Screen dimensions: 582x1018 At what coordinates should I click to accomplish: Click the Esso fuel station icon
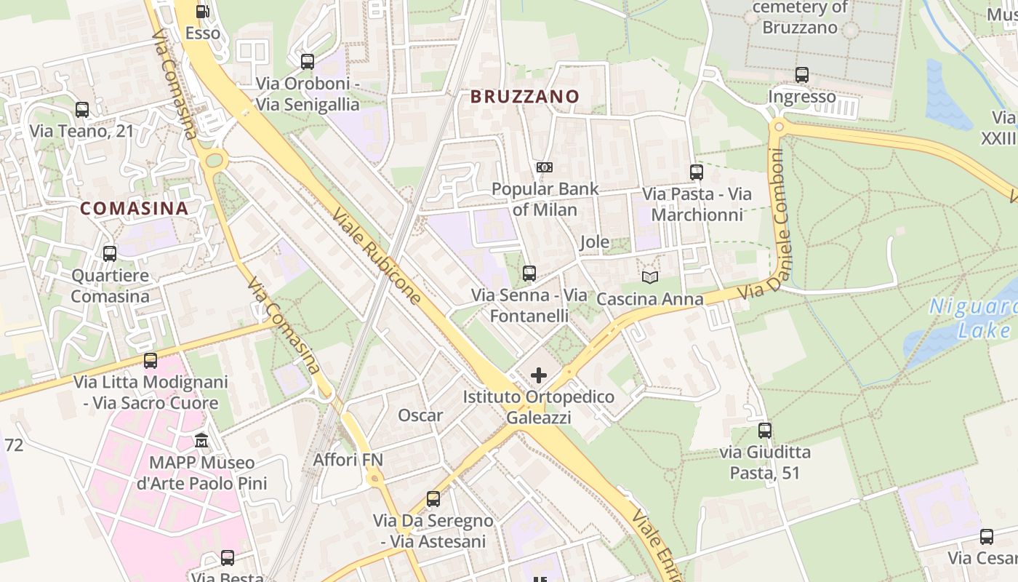coord(202,12)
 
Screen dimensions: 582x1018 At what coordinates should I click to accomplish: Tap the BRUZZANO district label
coord(524,96)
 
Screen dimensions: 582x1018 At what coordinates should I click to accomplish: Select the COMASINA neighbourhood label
coord(134,208)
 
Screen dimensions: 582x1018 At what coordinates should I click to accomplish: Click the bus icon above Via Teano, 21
coord(82,110)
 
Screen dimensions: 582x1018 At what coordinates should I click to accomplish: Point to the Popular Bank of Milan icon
coord(545,167)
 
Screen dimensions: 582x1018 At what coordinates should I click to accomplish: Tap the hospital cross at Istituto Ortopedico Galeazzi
coord(538,375)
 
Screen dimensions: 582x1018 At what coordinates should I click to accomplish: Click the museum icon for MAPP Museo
coord(201,441)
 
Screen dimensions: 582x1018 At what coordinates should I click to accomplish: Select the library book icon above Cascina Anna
coord(649,277)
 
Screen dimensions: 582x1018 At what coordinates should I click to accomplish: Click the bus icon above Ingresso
coord(802,74)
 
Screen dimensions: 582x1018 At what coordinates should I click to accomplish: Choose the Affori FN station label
coord(348,460)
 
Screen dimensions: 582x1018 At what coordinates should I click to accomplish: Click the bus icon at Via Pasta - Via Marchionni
coord(696,172)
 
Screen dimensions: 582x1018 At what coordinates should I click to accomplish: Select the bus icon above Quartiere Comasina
coord(110,254)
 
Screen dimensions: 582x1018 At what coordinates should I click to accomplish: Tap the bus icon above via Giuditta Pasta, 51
coord(764,430)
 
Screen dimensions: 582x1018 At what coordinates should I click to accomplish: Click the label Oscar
coord(420,415)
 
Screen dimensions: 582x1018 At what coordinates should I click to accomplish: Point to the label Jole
coord(594,242)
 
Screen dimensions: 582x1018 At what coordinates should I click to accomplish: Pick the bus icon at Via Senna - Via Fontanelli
coord(529,274)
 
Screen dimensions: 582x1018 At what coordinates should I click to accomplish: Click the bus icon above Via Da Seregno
coord(433,499)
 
